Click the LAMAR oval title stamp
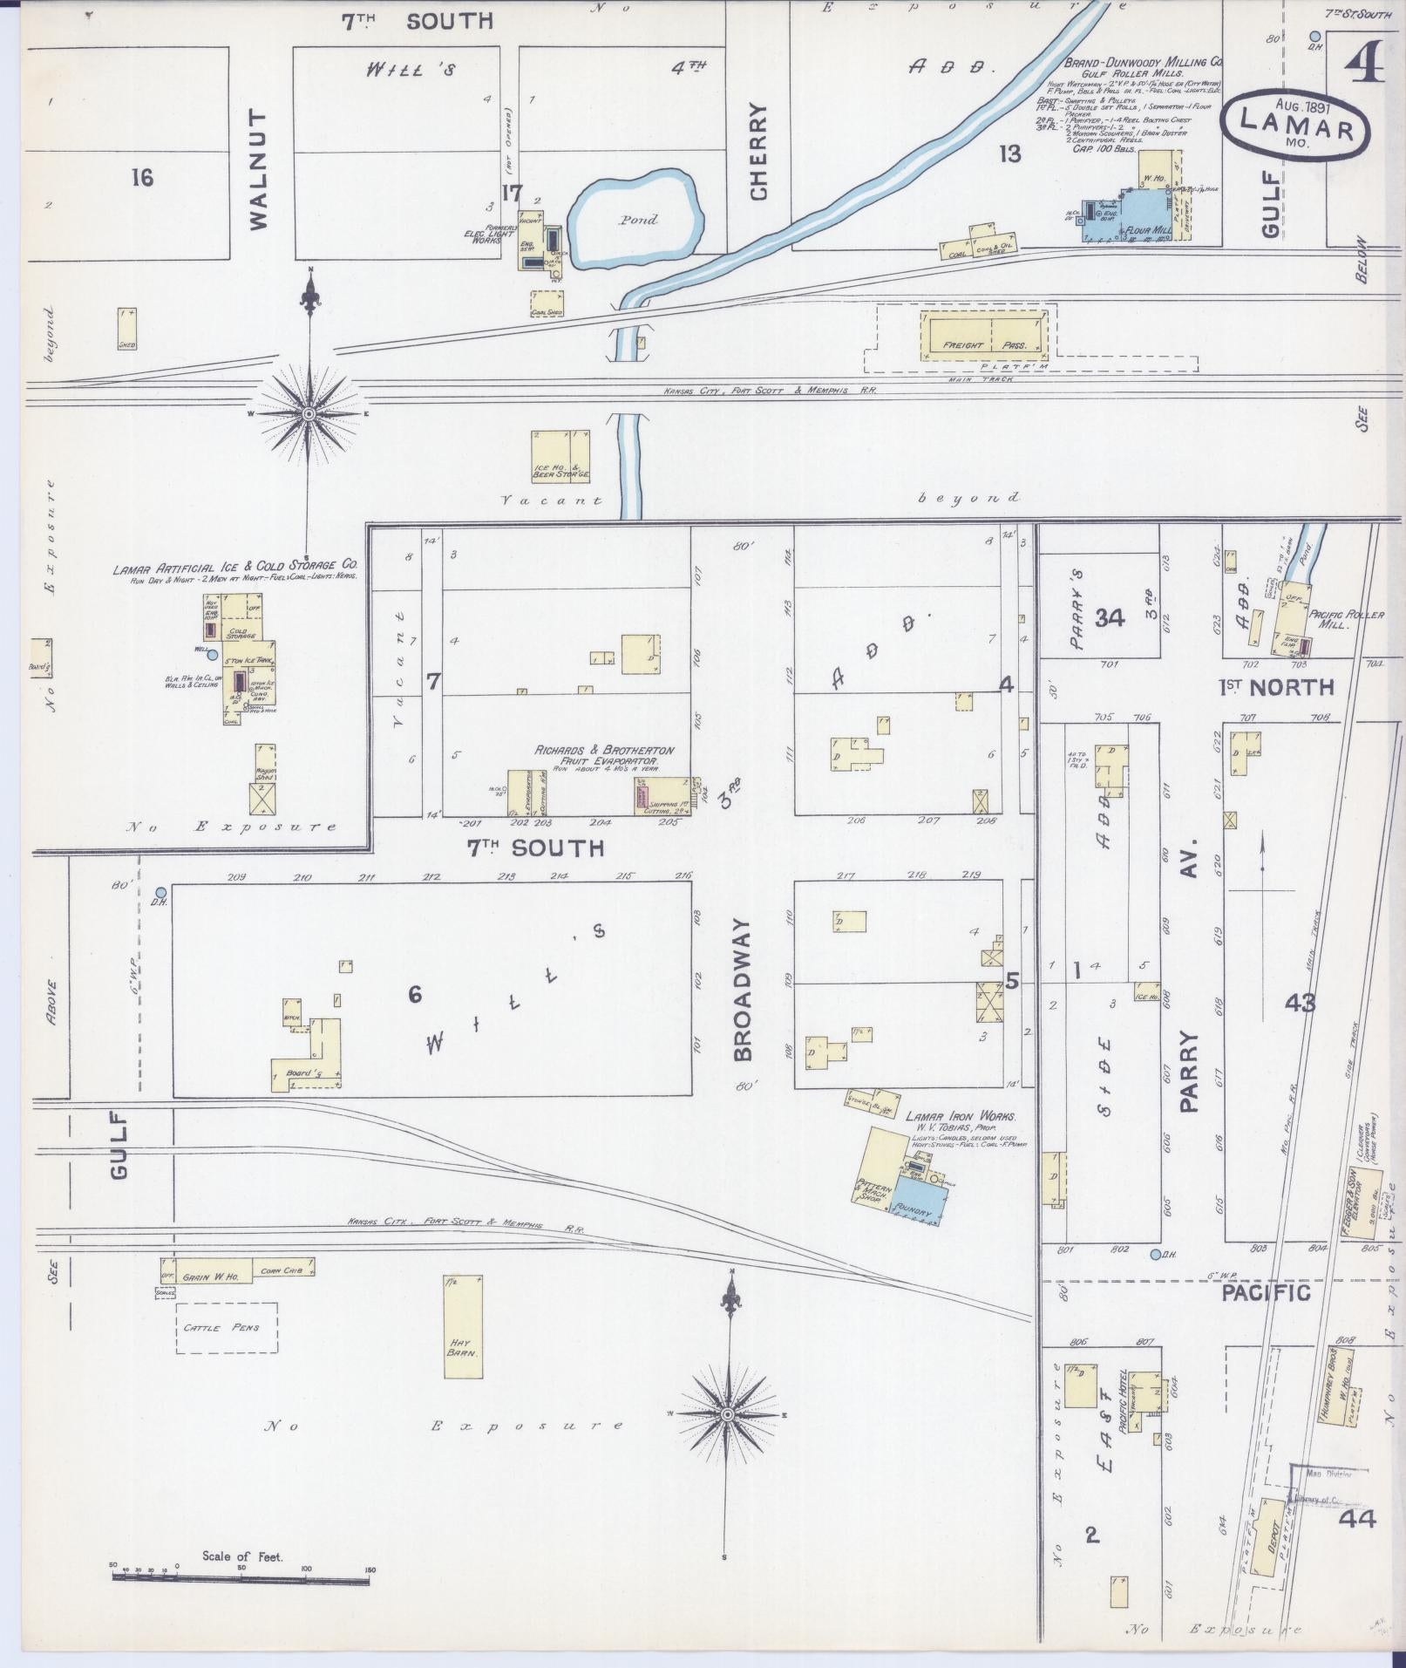pyautogui.click(x=1295, y=124)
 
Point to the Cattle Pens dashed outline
pyautogui.click(x=227, y=1327)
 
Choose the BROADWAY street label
pyautogui.click(x=743, y=990)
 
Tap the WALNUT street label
pyautogui.click(x=258, y=169)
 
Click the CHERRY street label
pyautogui.click(x=757, y=153)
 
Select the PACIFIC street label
pyautogui.click(x=1266, y=1292)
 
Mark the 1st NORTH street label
pyautogui.click(x=1275, y=687)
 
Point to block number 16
pyautogui.click(x=142, y=179)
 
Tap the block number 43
pyautogui.click(x=1300, y=1003)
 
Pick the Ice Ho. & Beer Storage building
pyautogui.click(x=560, y=456)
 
